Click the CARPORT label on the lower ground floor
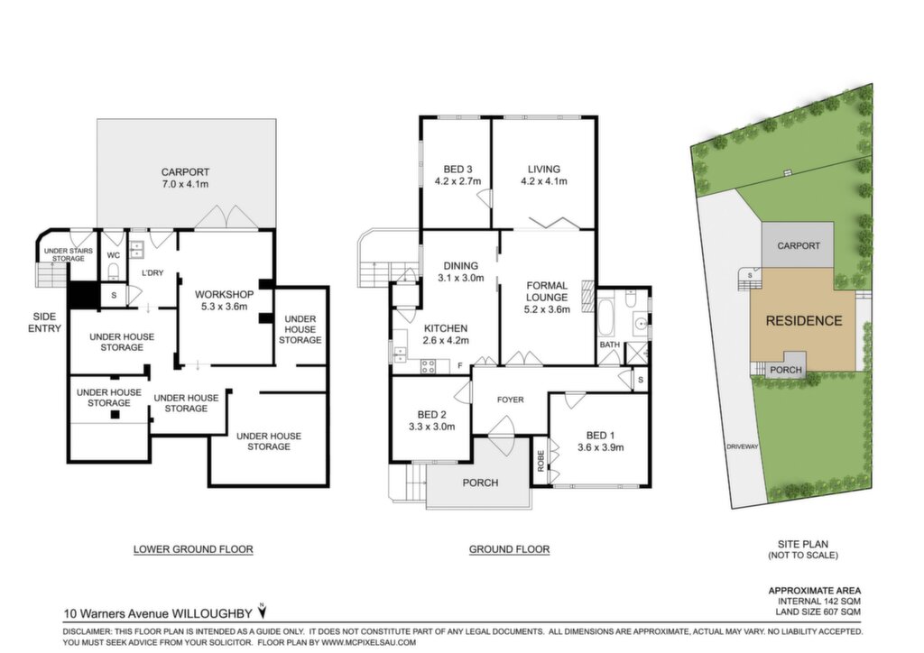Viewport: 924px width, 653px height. (185, 172)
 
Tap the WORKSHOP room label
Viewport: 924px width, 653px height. (224, 294)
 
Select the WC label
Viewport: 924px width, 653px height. (114, 255)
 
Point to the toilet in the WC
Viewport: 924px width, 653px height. (114, 271)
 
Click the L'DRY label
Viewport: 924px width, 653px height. (152, 273)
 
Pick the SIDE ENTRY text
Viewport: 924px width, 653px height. (44, 323)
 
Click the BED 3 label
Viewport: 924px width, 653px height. (457, 170)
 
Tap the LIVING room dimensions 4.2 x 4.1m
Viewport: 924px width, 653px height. (544, 181)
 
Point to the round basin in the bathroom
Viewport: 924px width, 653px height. (641, 324)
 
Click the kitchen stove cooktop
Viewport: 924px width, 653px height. (428, 366)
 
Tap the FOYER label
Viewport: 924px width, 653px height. (511, 400)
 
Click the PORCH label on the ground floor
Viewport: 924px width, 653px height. (480, 483)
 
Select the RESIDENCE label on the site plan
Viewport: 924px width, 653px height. (804, 321)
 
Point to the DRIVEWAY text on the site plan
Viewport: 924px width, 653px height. (742, 446)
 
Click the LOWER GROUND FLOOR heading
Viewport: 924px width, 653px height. (193, 549)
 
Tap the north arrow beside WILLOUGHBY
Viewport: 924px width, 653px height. (263, 612)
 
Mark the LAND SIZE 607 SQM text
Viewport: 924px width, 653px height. (818, 612)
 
